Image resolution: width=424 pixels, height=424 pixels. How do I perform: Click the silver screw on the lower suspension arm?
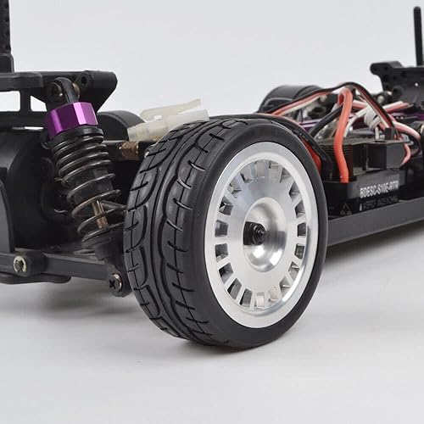19,265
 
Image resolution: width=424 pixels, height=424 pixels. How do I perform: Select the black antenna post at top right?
418,34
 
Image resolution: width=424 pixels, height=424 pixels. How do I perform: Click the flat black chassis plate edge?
373,222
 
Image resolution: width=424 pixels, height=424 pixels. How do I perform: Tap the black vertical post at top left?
6,34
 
